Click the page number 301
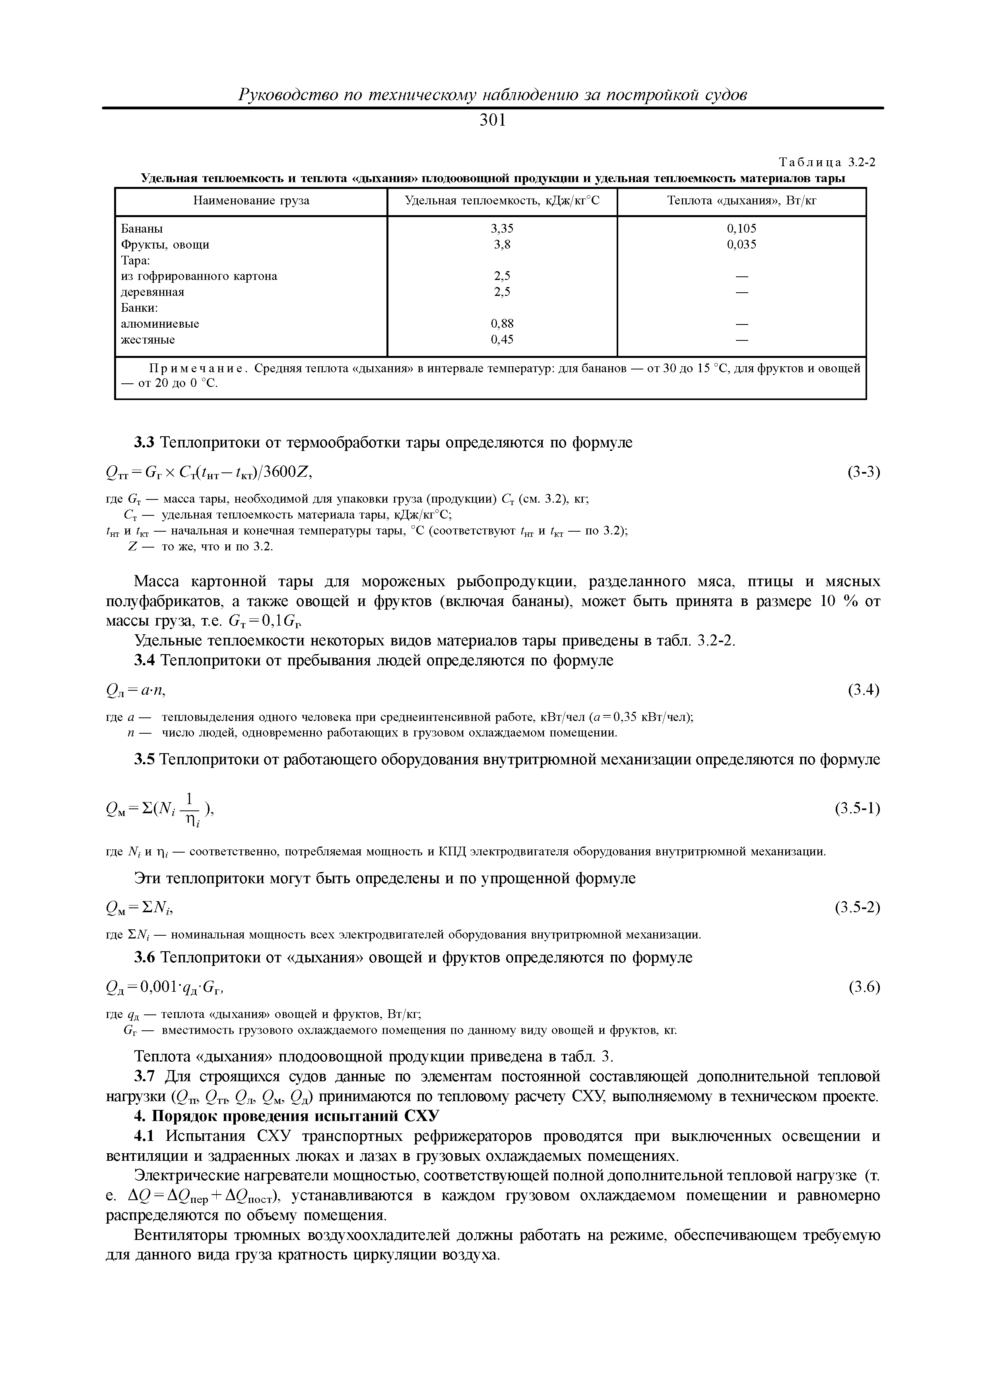(x=492, y=120)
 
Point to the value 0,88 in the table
(x=501, y=324)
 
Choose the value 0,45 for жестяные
(x=501, y=340)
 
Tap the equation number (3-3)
(x=863, y=472)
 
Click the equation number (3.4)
(x=863, y=690)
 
